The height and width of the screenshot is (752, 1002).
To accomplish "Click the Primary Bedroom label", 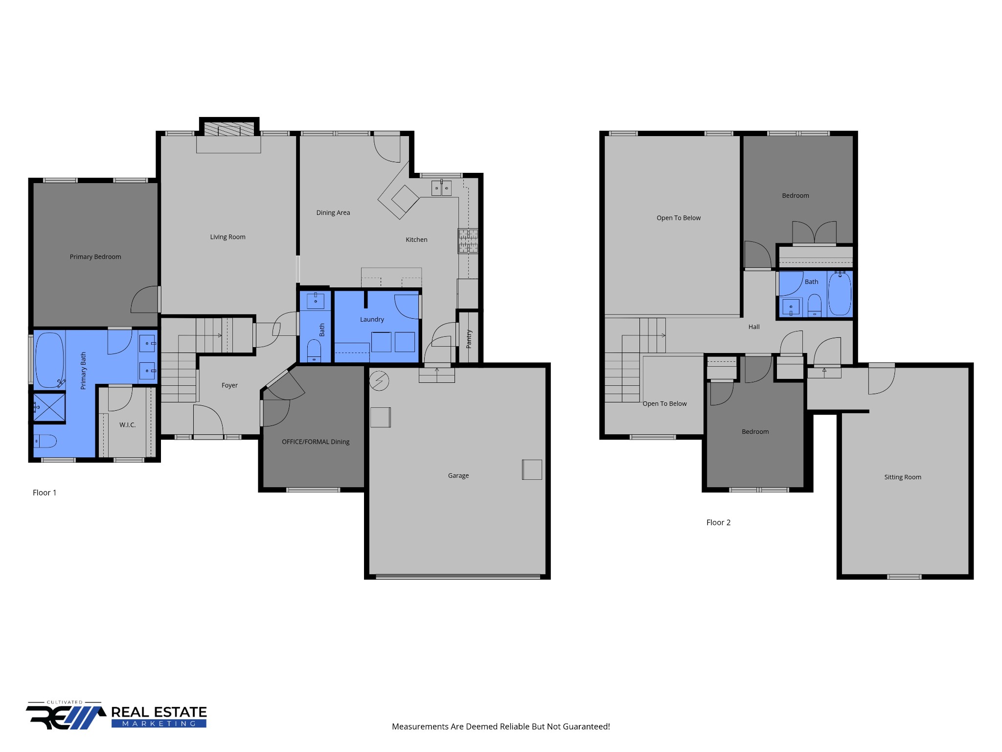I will [x=95, y=257].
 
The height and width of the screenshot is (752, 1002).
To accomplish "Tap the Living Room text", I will [x=228, y=237].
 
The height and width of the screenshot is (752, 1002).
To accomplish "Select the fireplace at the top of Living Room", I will [x=229, y=129].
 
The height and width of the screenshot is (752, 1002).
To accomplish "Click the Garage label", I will [x=458, y=476].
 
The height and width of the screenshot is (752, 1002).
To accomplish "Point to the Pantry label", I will [x=469, y=339].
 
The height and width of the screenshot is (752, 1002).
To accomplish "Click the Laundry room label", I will [x=372, y=320].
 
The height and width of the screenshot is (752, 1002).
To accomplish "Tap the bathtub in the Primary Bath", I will [x=49, y=360].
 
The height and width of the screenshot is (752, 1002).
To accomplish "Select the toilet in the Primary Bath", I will [x=45, y=441].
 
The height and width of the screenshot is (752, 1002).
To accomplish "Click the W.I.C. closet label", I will [x=127, y=425].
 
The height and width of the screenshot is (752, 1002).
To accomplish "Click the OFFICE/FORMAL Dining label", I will [x=316, y=442].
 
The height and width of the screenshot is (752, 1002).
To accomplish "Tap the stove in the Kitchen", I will [x=468, y=241].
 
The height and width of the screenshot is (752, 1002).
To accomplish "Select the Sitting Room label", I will [x=902, y=477].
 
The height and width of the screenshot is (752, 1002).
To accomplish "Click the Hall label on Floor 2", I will [x=753, y=327].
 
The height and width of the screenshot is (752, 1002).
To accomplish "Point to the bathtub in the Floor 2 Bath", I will [x=840, y=294].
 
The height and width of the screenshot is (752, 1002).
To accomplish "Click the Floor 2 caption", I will [x=718, y=523].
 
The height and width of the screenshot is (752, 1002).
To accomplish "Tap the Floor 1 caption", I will [x=45, y=493].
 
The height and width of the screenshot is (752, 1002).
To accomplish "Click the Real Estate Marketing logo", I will [x=116, y=716].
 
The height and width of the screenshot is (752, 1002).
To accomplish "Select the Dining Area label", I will [x=333, y=213].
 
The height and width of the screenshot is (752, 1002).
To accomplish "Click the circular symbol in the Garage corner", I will [x=379, y=381].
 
